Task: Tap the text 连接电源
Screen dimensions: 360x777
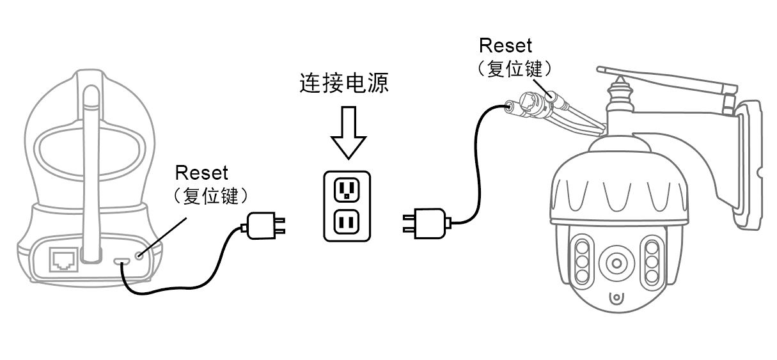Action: click(x=344, y=84)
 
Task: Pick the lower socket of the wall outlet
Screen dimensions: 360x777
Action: click(x=347, y=223)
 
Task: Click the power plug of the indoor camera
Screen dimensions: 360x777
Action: click(x=263, y=224)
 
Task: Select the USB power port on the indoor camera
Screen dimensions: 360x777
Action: click(x=122, y=260)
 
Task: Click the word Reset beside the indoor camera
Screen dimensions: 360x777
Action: click(x=201, y=172)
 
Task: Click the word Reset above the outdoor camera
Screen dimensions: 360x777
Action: click(x=505, y=45)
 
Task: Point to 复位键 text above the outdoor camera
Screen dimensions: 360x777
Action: click(x=514, y=68)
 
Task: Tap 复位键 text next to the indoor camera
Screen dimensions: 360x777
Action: click(x=210, y=195)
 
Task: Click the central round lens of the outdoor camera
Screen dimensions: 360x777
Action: click(x=616, y=262)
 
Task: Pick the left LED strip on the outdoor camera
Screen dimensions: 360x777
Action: click(x=582, y=262)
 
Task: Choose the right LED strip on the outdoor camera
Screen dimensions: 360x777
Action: click(x=651, y=262)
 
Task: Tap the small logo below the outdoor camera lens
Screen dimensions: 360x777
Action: click(x=616, y=299)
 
